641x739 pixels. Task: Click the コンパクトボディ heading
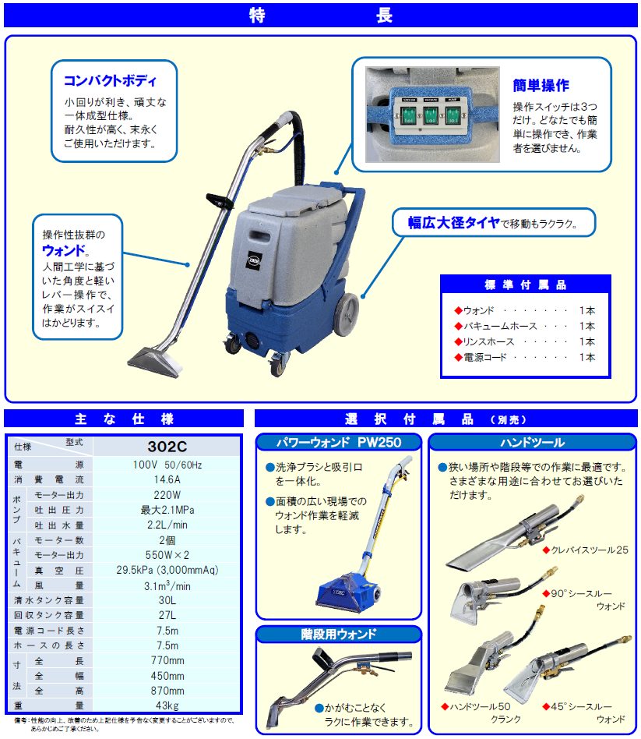pyautogui.click(x=110, y=80)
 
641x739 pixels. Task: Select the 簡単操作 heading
pyautogui.click(x=541, y=85)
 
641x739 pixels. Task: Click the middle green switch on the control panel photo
pyautogui.click(x=429, y=116)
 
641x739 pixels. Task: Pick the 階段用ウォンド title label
pyautogui.click(x=339, y=634)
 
